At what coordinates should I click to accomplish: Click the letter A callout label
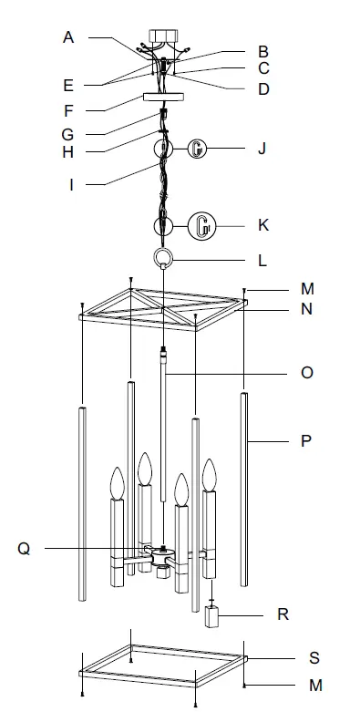click(68, 37)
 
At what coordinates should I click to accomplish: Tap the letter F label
click(68, 111)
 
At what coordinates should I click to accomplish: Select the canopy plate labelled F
click(163, 98)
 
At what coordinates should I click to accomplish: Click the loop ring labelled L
click(163, 258)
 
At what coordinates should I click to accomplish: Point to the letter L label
click(262, 261)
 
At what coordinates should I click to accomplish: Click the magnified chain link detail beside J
click(198, 149)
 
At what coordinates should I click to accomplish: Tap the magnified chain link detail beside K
click(202, 226)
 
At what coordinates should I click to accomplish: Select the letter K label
click(263, 225)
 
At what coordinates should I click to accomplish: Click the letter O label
click(307, 373)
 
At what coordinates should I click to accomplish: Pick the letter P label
click(306, 441)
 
